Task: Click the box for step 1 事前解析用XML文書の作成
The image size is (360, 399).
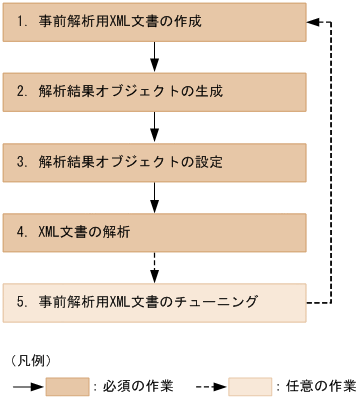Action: pyautogui.click(x=154, y=19)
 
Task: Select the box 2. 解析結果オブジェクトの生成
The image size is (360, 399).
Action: pyautogui.click(x=154, y=90)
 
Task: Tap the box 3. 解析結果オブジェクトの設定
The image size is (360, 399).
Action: pyautogui.click(x=154, y=161)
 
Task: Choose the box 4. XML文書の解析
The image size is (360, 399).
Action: pyautogui.click(x=154, y=231)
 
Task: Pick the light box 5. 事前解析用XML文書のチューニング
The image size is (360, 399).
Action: pyautogui.click(x=154, y=301)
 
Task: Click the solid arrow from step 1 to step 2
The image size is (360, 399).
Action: pyautogui.click(x=154, y=54)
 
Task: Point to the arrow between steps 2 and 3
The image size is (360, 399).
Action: pyautogui.click(x=154, y=125)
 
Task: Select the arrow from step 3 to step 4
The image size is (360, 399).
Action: pyautogui.click(x=154, y=196)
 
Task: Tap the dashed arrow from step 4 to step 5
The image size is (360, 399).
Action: pyautogui.click(x=154, y=266)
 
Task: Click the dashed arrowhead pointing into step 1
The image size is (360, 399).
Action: pyautogui.click(x=312, y=19)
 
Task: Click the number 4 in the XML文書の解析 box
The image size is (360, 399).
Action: pyautogui.click(x=20, y=231)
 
